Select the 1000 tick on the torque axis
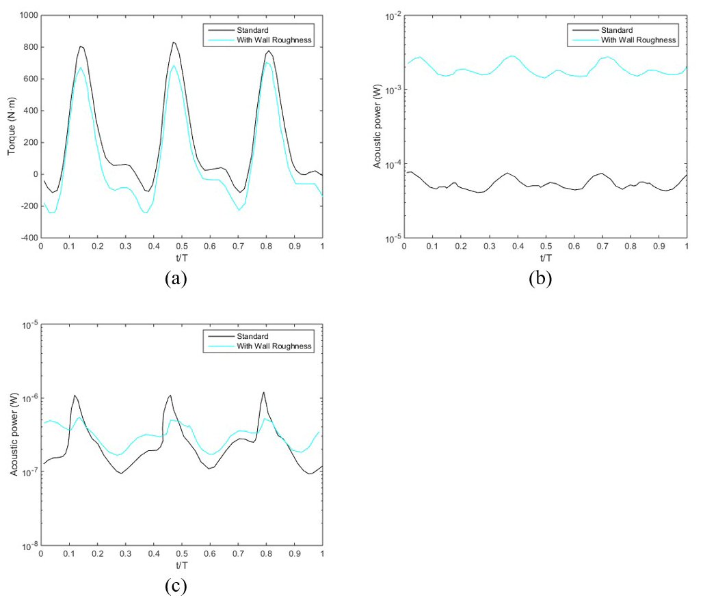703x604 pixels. [26, 16]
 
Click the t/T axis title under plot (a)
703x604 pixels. [181, 258]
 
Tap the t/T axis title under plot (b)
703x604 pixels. [545, 258]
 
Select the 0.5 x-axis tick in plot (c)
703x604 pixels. [181, 553]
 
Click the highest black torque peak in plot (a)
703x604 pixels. [173, 42]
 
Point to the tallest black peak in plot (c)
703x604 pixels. [263, 392]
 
